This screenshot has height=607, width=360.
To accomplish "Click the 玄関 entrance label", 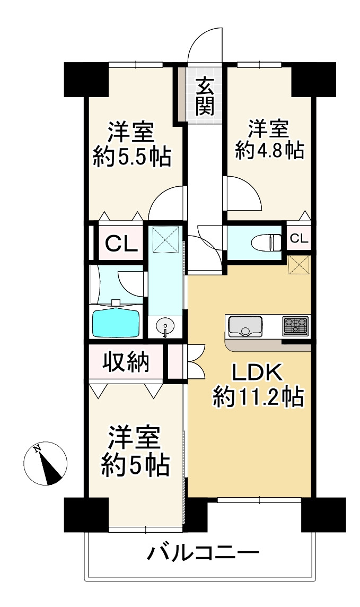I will pos(204,97).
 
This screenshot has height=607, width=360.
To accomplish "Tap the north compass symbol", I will pos(46,463).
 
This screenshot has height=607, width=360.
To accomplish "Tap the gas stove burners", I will pos(295,326).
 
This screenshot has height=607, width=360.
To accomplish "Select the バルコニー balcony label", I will pos(204,556).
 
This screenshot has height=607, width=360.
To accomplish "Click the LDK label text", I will pos(258,374).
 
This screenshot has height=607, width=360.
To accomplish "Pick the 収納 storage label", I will pos(126,362).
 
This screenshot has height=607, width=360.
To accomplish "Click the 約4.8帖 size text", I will pos(269,151).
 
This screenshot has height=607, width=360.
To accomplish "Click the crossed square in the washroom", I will pos(165,240).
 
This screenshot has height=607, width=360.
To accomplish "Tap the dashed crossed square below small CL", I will pos(298,264).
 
